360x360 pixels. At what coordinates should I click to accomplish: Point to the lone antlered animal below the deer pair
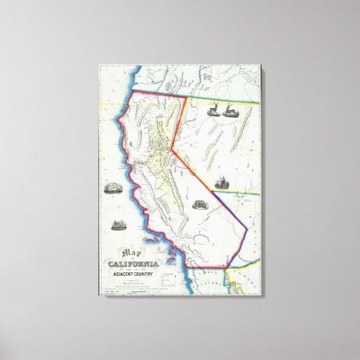(222, 181)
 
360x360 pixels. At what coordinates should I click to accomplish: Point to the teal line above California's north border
(156, 88)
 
